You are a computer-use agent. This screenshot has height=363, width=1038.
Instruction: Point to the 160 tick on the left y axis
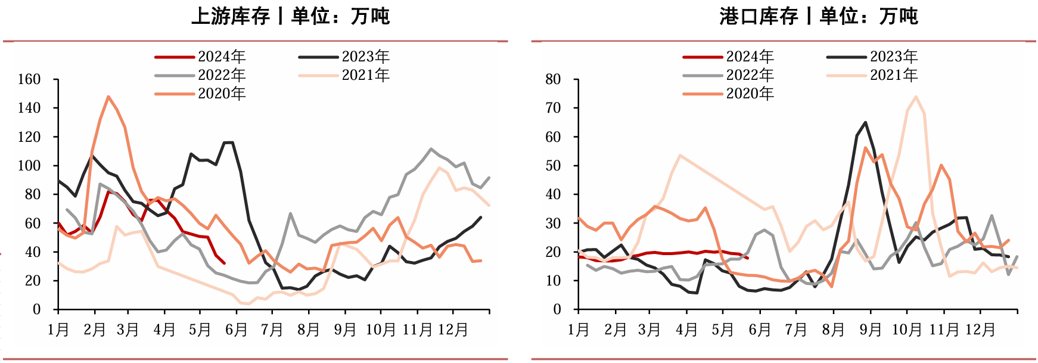pos(29,79)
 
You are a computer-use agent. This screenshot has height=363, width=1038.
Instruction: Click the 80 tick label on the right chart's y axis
pos(553,79)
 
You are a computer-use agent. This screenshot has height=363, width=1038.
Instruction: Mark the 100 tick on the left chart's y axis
pos(29,166)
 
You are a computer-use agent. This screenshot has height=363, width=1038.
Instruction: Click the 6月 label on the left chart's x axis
pos(236,330)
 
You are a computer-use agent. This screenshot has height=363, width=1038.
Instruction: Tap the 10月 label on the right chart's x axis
pos(906,330)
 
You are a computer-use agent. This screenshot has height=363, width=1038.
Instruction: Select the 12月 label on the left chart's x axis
pos(453,330)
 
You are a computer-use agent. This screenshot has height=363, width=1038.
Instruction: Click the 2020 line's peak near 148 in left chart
pos(108,97)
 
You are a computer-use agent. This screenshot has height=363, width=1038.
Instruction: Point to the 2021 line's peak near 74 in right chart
pos(916,97)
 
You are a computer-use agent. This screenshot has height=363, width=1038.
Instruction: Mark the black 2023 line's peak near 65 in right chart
pos(865,123)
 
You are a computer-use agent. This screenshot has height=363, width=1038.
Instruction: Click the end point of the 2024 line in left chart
pos(224,263)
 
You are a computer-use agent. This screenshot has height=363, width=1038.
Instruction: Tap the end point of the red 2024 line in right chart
pos(748,257)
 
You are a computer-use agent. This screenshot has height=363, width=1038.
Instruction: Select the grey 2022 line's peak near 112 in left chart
pos(431,149)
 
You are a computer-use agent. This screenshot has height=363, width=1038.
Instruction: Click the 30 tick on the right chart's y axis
pos(553,224)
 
